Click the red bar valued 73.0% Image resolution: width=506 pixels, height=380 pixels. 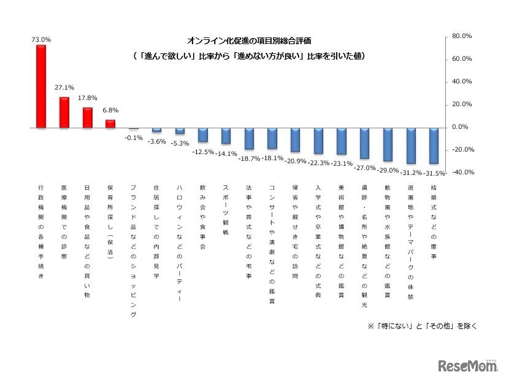[x=41, y=87]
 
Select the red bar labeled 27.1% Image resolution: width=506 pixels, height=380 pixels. [x=64, y=112]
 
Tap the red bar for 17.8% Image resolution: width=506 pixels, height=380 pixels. [x=87, y=118]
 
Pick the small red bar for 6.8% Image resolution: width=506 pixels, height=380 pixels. [x=110, y=124]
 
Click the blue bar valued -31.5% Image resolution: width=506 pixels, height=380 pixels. [x=434, y=145]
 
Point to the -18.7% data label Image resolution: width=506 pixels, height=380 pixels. [x=250, y=157]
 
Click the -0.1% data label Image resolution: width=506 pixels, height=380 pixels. [x=133, y=138]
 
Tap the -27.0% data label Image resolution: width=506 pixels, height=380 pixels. [x=365, y=166]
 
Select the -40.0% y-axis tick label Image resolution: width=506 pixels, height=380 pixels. [x=462, y=173]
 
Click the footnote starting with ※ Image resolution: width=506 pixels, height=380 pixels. [x=422, y=326]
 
